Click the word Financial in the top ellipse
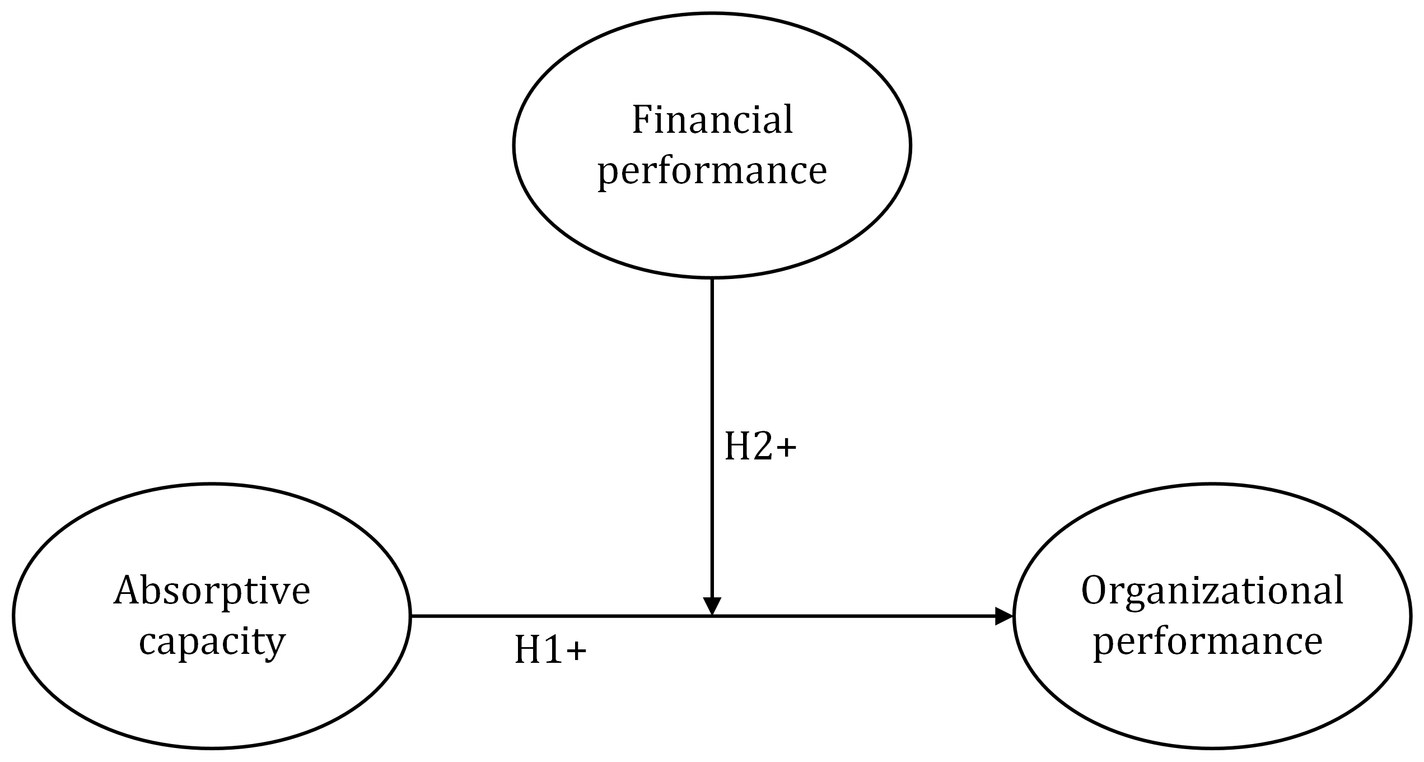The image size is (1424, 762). [x=712, y=119]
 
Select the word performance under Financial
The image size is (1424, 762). [x=712, y=170]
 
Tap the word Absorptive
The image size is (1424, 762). [x=212, y=591]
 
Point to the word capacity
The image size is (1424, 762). [x=212, y=642]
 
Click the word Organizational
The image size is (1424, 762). [x=1212, y=591]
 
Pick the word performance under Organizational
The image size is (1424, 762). [x=1208, y=642]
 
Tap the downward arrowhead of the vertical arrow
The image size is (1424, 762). [x=712, y=606]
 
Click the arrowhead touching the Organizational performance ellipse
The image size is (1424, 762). [x=1003, y=616]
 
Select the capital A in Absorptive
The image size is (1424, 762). [x=125, y=591]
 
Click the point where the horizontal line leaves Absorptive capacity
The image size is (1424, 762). [x=412, y=616]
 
